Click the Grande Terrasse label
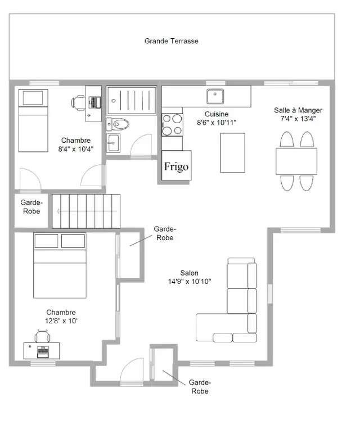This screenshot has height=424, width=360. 171,41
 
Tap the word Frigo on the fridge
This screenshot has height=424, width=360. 177,166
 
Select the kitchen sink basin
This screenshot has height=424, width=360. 215,96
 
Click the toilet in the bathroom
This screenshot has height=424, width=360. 118,124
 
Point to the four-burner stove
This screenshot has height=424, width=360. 172,125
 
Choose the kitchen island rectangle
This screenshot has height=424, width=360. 233,153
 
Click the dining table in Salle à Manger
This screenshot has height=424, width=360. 296,161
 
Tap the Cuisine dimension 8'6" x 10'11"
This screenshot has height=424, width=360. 217,123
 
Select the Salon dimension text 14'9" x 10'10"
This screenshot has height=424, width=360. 190,282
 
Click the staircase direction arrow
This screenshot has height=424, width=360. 87,211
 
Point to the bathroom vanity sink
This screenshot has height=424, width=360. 113,143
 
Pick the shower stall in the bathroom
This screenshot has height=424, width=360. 132,100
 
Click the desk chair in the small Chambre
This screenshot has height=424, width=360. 78,103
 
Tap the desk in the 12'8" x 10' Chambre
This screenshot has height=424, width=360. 42,351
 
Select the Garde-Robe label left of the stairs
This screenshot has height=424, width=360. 31,207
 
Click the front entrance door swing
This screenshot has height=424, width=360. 132,369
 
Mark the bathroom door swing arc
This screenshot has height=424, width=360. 141,145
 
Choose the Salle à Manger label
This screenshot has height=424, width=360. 298,110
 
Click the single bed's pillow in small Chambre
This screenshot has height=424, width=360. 33,98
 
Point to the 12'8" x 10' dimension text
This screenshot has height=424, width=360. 61,321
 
